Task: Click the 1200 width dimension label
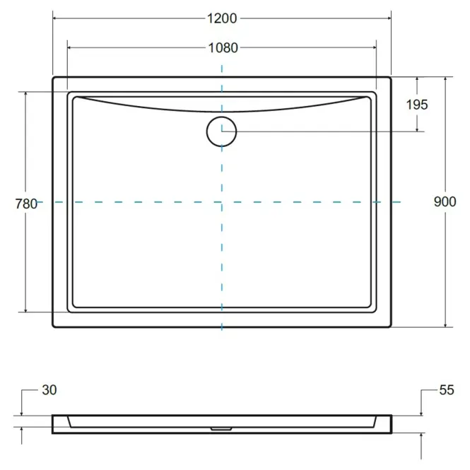pos(222,18)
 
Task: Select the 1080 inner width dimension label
pos(223,48)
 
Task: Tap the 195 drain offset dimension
pos(417,105)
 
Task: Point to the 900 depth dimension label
pos(445,201)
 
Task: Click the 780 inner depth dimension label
pos(26,204)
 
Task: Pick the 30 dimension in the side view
pos(49,390)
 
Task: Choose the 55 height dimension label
pos(447,390)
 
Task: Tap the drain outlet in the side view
pos(221,429)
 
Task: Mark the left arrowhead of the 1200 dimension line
pos(55,18)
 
